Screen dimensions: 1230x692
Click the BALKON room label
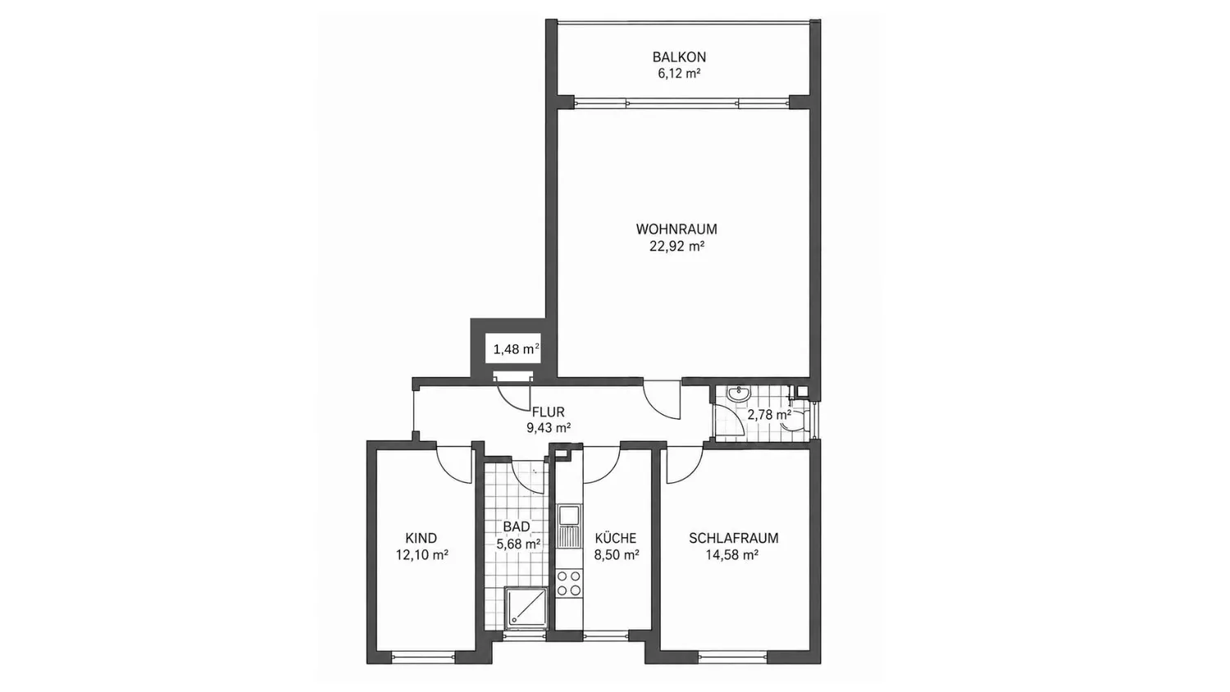click(679, 57)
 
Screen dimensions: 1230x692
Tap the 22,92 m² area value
click(676, 246)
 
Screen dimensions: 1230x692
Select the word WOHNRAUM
click(676, 229)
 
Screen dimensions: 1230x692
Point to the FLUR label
click(548, 412)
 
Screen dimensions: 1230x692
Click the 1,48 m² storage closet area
click(516, 348)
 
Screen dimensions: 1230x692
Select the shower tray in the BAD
click(526, 607)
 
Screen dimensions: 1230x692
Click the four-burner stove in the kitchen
click(569, 583)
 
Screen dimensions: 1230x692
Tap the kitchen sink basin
click(568, 515)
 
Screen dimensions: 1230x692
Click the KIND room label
click(421, 538)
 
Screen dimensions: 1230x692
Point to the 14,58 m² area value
click(732, 555)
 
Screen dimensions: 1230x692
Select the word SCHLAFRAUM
click(734, 538)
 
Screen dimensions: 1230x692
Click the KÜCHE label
click(616, 538)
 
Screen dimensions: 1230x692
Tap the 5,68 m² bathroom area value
click(518, 544)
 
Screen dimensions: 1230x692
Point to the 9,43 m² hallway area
click(549, 428)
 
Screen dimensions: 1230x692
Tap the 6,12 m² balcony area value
click(679, 74)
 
